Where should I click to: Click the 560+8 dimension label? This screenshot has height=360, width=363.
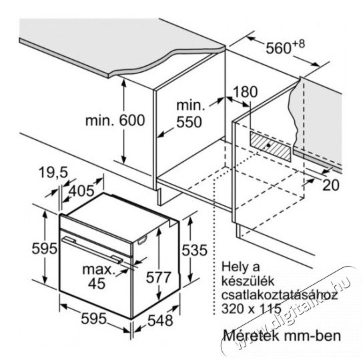285,47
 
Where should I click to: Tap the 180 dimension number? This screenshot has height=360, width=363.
245,91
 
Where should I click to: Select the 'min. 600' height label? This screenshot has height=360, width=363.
115,120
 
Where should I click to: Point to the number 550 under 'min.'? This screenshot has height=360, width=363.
189,122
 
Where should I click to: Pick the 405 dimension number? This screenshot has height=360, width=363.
81,191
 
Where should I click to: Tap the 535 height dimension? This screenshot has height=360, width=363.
194,250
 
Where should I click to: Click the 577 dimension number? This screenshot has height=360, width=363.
159,277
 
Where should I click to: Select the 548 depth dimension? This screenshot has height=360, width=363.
160,321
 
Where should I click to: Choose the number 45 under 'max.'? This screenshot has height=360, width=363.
97,283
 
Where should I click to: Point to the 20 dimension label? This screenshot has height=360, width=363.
331,185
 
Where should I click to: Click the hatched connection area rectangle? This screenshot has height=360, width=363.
270,147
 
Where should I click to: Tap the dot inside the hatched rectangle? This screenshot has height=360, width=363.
268,145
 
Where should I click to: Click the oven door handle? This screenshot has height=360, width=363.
92,249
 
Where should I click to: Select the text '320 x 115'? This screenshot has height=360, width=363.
252,309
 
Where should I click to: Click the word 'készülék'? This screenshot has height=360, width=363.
248,281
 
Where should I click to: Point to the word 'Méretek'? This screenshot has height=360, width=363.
251,336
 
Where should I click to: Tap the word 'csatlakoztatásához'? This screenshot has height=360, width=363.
280,295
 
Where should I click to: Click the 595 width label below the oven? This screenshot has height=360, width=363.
94,319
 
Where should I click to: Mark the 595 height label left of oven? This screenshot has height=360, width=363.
44,249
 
